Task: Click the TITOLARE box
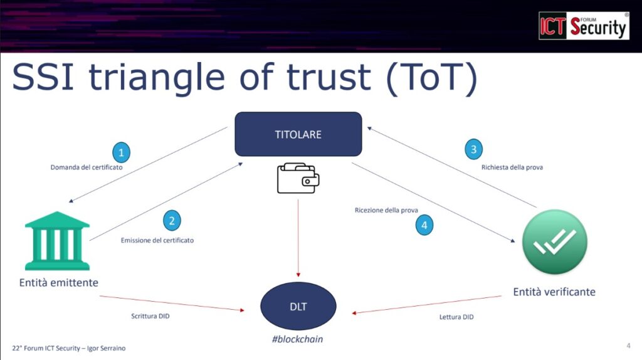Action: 298,134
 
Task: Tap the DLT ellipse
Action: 298,306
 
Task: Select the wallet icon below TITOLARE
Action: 298,179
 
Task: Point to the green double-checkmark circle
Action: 554,241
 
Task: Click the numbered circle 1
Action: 121,152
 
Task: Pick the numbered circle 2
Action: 171,221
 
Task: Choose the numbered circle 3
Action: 474,149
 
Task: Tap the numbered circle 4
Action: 424,225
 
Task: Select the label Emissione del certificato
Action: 157,240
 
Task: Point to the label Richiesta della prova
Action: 512,167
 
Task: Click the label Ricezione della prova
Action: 386,210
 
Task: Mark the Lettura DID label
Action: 456,317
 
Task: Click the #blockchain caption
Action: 298,339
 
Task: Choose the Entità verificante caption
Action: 554,292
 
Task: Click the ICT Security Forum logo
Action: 584,26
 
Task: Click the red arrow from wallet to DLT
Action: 298,238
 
